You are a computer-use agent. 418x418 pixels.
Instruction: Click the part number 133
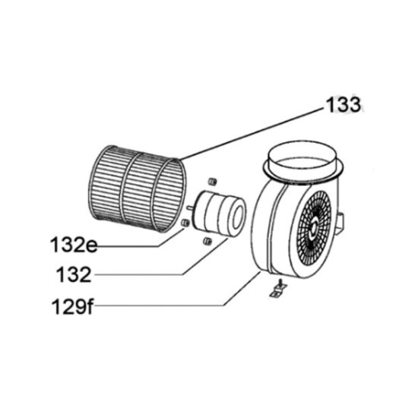pyautogui.click(x=344, y=105)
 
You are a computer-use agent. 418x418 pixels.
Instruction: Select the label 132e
pyautogui.click(x=74, y=245)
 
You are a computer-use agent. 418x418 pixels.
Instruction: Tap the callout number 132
pyautogui.click(x=74, y=275)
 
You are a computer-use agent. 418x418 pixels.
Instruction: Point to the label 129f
pyautogui.click(x=72, y=306)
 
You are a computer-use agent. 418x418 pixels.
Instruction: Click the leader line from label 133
pyautogui.click(x=251, y=134)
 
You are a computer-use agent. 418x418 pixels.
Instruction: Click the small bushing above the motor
pyautogui.click(x=212, y=182)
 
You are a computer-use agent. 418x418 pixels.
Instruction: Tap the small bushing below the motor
pyautogui.click(x=207, y=241)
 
